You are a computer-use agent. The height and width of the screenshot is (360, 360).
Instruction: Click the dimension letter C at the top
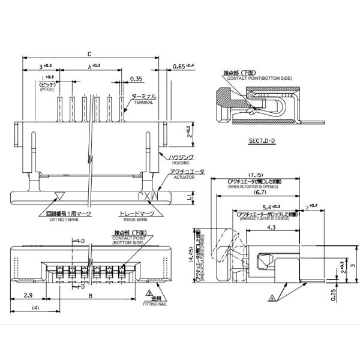point(89,53)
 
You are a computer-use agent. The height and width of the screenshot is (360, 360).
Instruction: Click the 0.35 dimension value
point(136,79)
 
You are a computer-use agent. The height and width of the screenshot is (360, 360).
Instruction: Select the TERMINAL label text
point(144,103)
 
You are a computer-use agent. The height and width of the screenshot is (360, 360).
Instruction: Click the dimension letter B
point(90,296)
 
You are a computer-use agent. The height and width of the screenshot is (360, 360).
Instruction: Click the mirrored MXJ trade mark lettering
point(147,196)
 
